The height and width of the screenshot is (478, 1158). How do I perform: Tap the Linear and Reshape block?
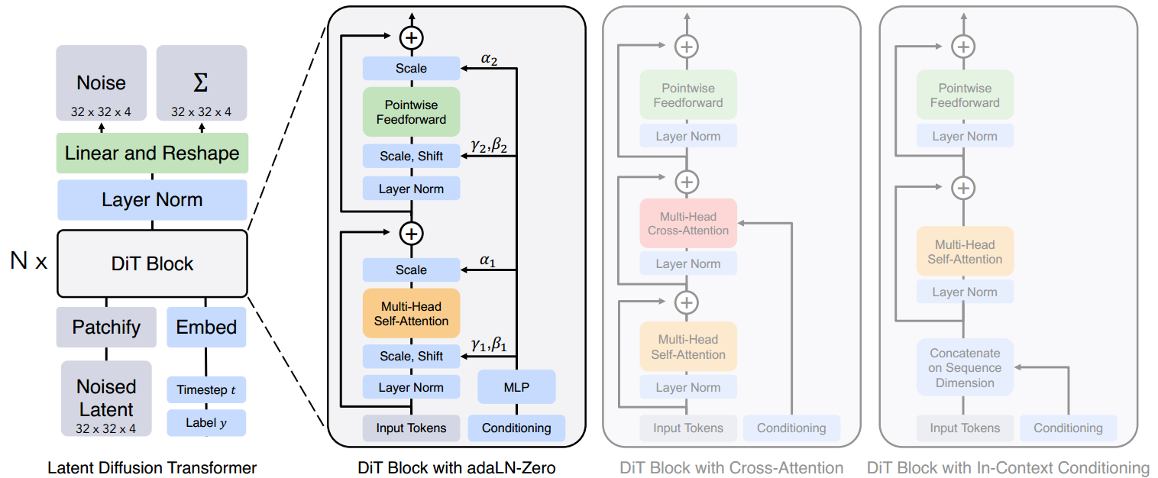pyautogui.click(x=152, y=153)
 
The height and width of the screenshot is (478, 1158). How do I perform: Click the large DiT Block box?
pyautogui.click(x=152, y=263)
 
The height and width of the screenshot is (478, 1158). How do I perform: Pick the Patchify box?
pyautogui.click(x=106, y=327)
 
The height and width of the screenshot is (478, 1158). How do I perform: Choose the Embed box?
pyautogui.click(x=206, y=327)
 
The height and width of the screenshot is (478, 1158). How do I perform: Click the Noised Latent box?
pyautogui.click(x=106, y=398)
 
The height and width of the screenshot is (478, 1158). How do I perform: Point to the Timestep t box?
pyautogui.click(x=206, y=389)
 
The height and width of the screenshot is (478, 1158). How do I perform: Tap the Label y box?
pyautogui.click(x=206, y=422)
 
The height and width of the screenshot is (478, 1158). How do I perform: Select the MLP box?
pyautogui.click(x=516, y=387)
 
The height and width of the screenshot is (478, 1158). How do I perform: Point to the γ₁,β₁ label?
pyautogui.click(x=489, y=344)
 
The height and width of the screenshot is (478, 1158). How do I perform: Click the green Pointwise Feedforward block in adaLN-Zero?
pyautogui.click(x=411, y=111)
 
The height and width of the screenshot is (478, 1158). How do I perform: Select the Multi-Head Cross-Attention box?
pyautogui.click(x=688, y=223)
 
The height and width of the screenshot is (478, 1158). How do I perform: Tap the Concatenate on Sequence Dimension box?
pyautogui.click(x=965, y=367)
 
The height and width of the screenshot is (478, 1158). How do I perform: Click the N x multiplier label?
pyautogui.click(x=29, y=263)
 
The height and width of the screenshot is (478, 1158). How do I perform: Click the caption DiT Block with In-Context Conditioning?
pyautogui.click(x=1008, y=467)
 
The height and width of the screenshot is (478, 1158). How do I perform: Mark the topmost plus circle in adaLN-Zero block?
pyautogui.click(x=411, y=37)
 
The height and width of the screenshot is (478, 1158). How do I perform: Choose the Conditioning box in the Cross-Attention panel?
pyautogui.click(x=791, y=428)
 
